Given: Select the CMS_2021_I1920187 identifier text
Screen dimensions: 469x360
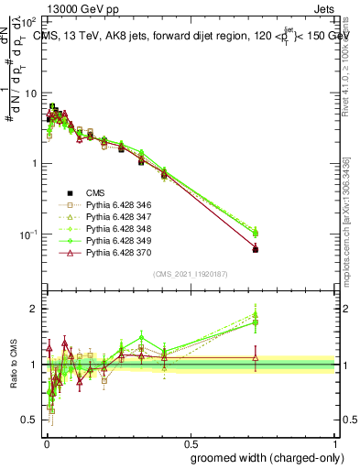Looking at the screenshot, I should pos(190,274).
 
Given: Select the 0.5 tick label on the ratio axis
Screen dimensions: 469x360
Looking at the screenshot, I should pos(33,420).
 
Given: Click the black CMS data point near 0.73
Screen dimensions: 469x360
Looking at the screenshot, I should pos(256,249).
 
